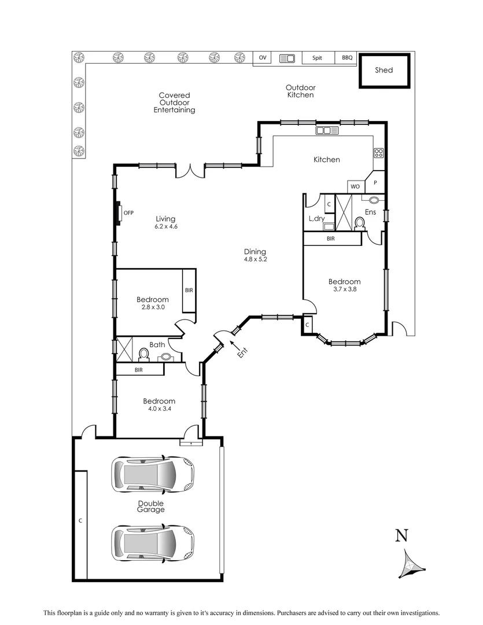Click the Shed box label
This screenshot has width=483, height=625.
coord(384,70)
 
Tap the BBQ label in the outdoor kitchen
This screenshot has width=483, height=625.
coord(347,58)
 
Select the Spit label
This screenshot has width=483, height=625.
coord(317,58)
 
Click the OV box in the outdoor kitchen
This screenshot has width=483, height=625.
coord(263,58)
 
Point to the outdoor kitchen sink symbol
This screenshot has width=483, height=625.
coord(287,58)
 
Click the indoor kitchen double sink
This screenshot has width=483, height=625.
coord(327,131)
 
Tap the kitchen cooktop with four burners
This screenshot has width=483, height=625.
coord(379,153)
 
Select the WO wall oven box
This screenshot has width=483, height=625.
coord(355,187)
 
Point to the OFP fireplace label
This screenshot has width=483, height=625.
coord(128,213)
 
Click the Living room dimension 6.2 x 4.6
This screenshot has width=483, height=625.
coord(165,227)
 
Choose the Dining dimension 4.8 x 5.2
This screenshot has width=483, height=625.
coord(255,259)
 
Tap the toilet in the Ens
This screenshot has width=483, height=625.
coord(359,222)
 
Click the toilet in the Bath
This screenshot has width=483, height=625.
coord(143,353)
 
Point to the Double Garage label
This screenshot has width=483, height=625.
coord(150,506)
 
